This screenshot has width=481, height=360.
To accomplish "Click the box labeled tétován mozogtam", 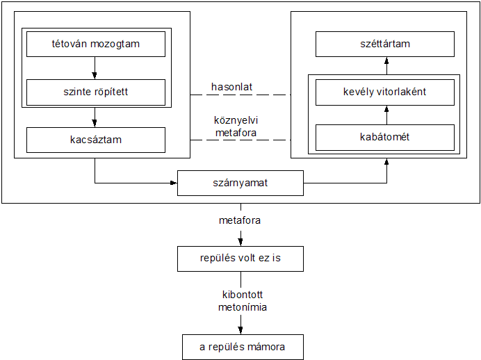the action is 96,44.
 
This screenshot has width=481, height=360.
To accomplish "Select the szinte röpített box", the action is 96,92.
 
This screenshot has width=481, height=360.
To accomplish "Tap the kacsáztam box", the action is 96,140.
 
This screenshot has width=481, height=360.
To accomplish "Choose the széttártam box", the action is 385,44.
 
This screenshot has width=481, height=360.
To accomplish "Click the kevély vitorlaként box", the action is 385,92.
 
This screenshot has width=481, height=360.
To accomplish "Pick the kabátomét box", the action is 385,138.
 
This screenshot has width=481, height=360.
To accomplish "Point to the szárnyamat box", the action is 241,183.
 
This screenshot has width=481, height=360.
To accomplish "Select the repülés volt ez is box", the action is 241,259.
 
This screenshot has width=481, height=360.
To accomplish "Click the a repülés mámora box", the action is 243,347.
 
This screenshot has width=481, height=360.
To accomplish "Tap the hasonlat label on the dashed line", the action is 231,87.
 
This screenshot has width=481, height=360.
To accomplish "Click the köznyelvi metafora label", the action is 236,126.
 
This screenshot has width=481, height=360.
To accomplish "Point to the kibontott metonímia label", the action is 243,301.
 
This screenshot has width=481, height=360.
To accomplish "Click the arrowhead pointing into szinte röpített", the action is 95,76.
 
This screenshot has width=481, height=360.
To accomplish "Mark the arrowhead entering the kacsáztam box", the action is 95,124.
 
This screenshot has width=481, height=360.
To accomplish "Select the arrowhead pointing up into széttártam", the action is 386,60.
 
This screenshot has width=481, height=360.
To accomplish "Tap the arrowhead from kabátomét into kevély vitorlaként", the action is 386,109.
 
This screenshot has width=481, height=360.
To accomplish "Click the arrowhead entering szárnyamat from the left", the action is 174,183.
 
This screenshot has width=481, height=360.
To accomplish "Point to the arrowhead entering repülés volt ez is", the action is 241,243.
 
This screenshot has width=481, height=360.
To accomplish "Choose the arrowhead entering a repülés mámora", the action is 241,331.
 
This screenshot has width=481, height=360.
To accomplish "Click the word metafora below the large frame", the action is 240,220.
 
